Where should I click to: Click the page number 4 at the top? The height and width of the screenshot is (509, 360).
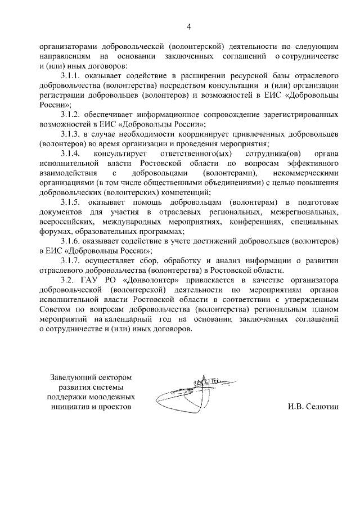point(188,26)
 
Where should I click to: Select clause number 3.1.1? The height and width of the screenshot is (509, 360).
point(71,75)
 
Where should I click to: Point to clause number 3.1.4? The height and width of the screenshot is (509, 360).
point(71,153)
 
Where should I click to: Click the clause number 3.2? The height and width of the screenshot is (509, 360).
point(67,280)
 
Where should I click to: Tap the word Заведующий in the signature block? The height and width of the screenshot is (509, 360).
point(71,376)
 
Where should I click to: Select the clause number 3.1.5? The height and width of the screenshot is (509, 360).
point(71,201)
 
